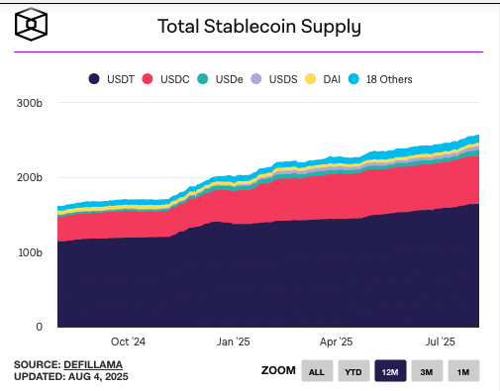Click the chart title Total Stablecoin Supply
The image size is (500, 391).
(259, 27)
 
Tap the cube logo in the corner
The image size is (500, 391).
(31, 25)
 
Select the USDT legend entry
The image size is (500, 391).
(112, 79)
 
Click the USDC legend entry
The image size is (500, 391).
(165, 79)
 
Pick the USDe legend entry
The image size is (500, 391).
(220, 79)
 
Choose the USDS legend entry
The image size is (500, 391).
(274, 79)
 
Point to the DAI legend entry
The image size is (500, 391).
(323, 79)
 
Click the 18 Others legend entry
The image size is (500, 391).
(380, 79)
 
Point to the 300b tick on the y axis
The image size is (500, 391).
(30, 103)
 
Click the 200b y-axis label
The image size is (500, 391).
(30, 177)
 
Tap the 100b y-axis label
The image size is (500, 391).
(30, 252)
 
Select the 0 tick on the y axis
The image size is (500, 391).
(39, 327)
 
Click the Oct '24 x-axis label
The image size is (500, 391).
(128, 342)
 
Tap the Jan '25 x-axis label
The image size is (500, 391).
(234, 342)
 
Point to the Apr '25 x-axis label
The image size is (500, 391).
(337, 342)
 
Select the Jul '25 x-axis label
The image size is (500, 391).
(441, 342)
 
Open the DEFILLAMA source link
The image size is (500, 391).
(93, 364)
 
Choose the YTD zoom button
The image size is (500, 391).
(353, 371)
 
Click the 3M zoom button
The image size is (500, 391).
(427, 371)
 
